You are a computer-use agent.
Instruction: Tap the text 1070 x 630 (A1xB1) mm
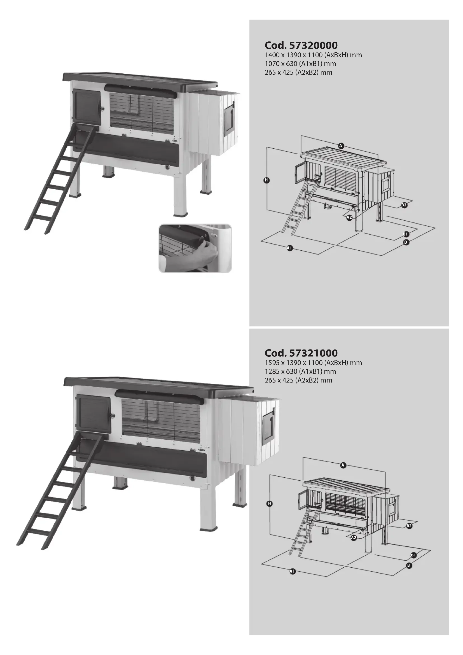click(300, 64)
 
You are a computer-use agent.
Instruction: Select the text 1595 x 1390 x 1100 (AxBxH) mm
click(313, 363)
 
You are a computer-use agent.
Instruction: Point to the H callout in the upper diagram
click(266, 180)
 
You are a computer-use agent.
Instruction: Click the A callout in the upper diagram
click(341, 146)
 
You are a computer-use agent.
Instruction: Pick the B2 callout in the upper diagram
click(404, 205)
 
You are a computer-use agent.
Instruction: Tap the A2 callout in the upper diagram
click(349, 217)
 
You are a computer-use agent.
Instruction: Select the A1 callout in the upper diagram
click(289, 248)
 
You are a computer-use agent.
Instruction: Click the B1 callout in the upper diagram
click(406, 234)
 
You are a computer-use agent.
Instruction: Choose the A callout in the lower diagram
click(343, 465)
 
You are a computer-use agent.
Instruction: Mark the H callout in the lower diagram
click(269, 504)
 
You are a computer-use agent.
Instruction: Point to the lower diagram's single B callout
click(408, 565)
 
